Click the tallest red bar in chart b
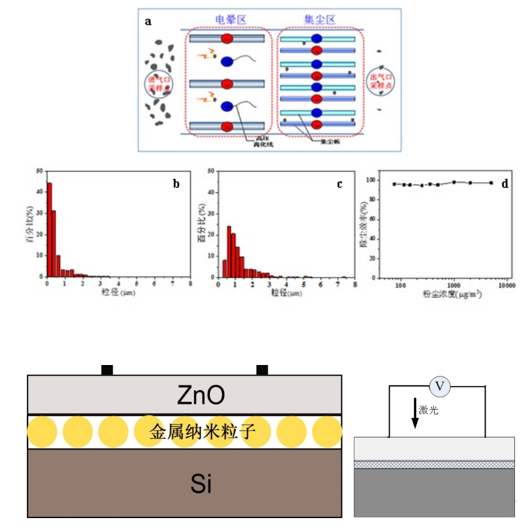click(49, 229)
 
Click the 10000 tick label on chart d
click(507, 285)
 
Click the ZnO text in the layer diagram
click(184, 395)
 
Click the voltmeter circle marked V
click(440, 386)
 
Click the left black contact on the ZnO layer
click(107, 370)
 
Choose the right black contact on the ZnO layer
click(262, 370)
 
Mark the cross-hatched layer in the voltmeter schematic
click(434, 464)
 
